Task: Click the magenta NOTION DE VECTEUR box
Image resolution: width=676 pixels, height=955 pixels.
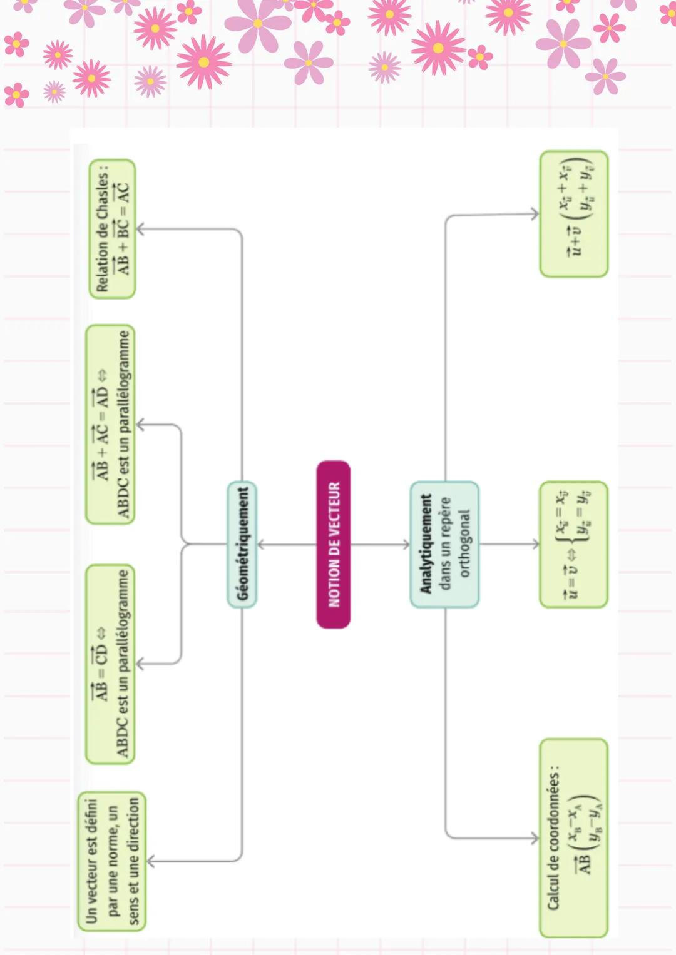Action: click(x=334, y=544)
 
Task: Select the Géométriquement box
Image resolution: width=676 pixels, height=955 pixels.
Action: click(x=242, y=544)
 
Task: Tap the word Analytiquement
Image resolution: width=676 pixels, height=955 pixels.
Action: click(x=426, y=543)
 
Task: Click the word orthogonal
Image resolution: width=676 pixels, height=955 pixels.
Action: click(x=464, y=543)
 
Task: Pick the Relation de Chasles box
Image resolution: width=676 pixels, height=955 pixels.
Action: click(x=113, y=229)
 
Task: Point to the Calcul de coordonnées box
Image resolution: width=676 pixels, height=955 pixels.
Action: click(x=573, y=838)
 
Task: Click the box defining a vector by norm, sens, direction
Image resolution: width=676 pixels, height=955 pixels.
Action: click(x=112, y=861)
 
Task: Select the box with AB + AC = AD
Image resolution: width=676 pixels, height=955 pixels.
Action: click(x=111, y=425)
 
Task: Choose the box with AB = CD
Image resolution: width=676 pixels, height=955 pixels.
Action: click(x=111, y=664)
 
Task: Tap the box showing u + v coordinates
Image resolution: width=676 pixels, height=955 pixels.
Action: click(x=574, y=214)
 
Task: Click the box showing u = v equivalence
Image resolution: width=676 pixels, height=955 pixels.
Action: click(x=574, y=544)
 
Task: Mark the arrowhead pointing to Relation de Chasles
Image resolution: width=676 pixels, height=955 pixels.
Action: click(x=140, y=229)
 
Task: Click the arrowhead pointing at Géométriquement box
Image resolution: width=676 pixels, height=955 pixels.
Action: click(x=260, y=545)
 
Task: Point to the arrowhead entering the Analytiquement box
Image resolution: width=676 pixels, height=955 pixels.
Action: click(x=406, y=545)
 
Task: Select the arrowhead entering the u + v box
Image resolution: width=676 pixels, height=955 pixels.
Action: click(x=535, y=214)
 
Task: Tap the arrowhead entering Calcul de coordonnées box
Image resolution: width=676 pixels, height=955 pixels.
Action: click(x=535, y=838)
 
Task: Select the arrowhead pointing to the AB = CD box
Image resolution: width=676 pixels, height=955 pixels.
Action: click(x=140, y=664)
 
